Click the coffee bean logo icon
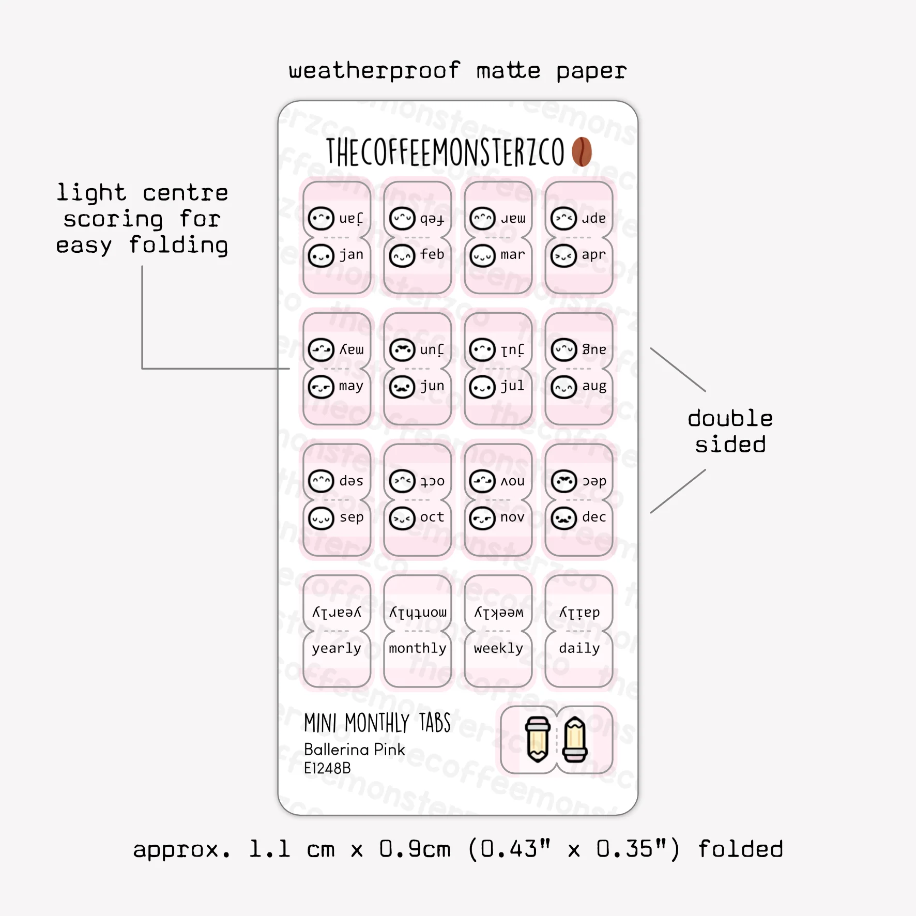(x=582, y=151)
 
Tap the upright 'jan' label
(x=352, y=255)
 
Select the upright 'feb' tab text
(x=432, y=254)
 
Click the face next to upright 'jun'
(x=402, y=387)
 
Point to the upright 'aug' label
(x=594, y=387)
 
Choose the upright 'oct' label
(x=432, y=517)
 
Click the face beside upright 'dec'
(x=564, y=518)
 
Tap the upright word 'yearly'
(x=337, y=649)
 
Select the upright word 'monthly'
(x=418, y=648)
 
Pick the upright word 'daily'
(x=579, y=648)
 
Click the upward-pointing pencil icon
(x=575, y=740)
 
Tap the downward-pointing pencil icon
(x=538, y=740)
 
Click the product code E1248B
(x=327, y=768)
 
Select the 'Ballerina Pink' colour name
(x=355, y=749)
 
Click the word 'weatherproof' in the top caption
(x=374, y=71)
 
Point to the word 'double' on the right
(x=730, y=418)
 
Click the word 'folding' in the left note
(x=178, y=245)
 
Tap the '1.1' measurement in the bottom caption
(x=269, y=849)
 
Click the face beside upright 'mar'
(x=483, y=256)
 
